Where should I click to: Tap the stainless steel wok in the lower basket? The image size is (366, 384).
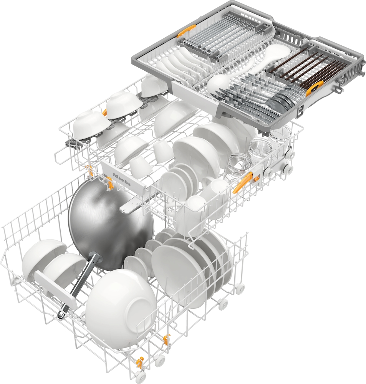click(x=111, y=225)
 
